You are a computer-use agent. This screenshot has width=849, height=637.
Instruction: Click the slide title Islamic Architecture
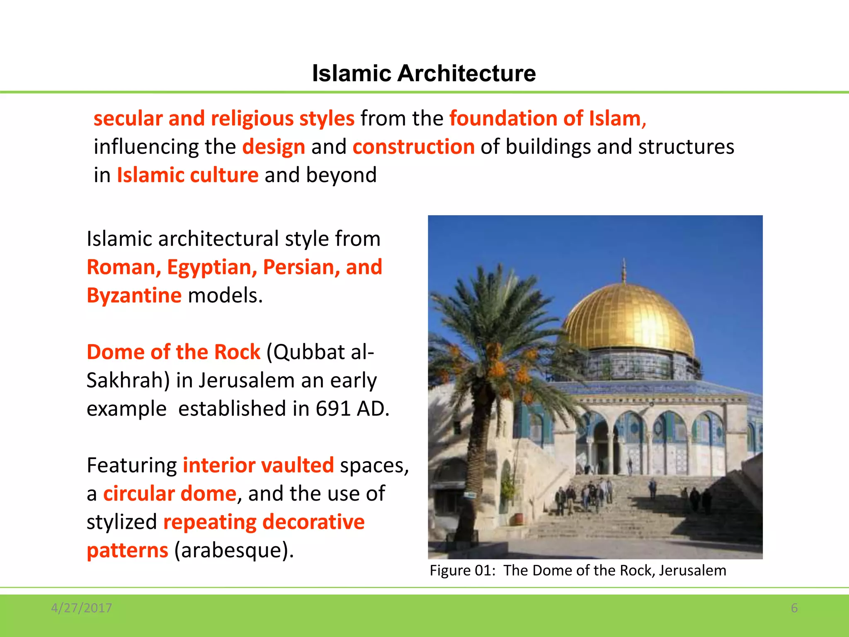point(424,73)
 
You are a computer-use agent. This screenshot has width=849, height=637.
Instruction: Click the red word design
point(274,147)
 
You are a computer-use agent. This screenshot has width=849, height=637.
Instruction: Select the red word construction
point(413,147)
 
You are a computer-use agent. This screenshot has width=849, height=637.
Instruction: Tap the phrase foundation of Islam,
point(548,119)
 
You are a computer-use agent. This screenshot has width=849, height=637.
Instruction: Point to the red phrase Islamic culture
point(188,175)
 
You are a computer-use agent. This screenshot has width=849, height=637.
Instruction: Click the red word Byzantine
point(134,296)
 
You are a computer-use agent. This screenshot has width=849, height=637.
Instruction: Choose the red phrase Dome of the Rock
point(173,352)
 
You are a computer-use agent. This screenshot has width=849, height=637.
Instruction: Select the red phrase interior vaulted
point(258,465)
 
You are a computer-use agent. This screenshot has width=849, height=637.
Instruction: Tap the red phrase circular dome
point(170,494)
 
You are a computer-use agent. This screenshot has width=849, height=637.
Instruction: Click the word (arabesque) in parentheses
point(233,551)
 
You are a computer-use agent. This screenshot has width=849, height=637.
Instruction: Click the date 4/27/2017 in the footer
point(81,608)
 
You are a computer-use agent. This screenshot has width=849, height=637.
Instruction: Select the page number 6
point(794,608)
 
